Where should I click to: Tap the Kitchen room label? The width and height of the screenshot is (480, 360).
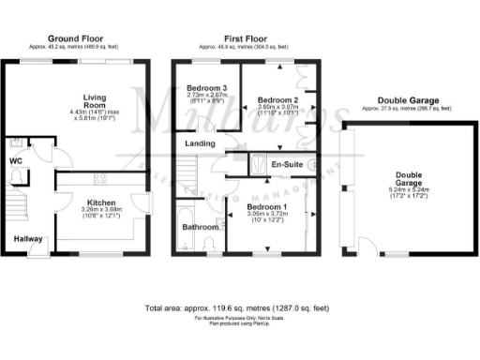click(100, 202)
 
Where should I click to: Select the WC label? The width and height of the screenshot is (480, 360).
click(15, 161)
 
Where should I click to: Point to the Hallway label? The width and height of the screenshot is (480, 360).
click(29, 239)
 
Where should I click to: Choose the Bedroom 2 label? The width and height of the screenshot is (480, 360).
click(277, 99)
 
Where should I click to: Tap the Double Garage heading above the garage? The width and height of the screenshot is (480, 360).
click(407, 101)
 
